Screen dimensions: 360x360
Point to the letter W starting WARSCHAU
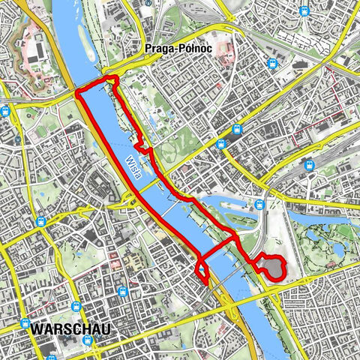[37, 328]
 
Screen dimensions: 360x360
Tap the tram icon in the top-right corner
[303, 10]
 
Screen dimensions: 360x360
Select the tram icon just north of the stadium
[259, 204]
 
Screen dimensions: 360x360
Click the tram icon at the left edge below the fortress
[5, 112]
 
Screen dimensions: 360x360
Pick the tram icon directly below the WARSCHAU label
[88, 341]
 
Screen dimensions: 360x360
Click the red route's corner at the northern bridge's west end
[79, 94]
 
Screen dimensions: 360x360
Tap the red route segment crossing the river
[217, 248]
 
